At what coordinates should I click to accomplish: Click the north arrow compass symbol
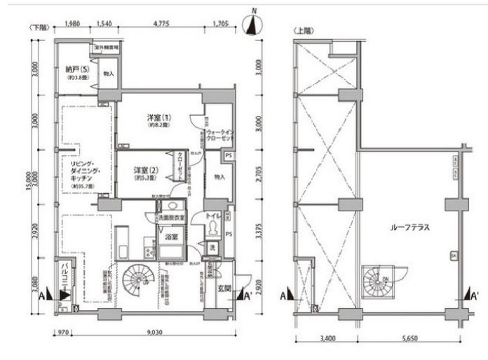(253, 23)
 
